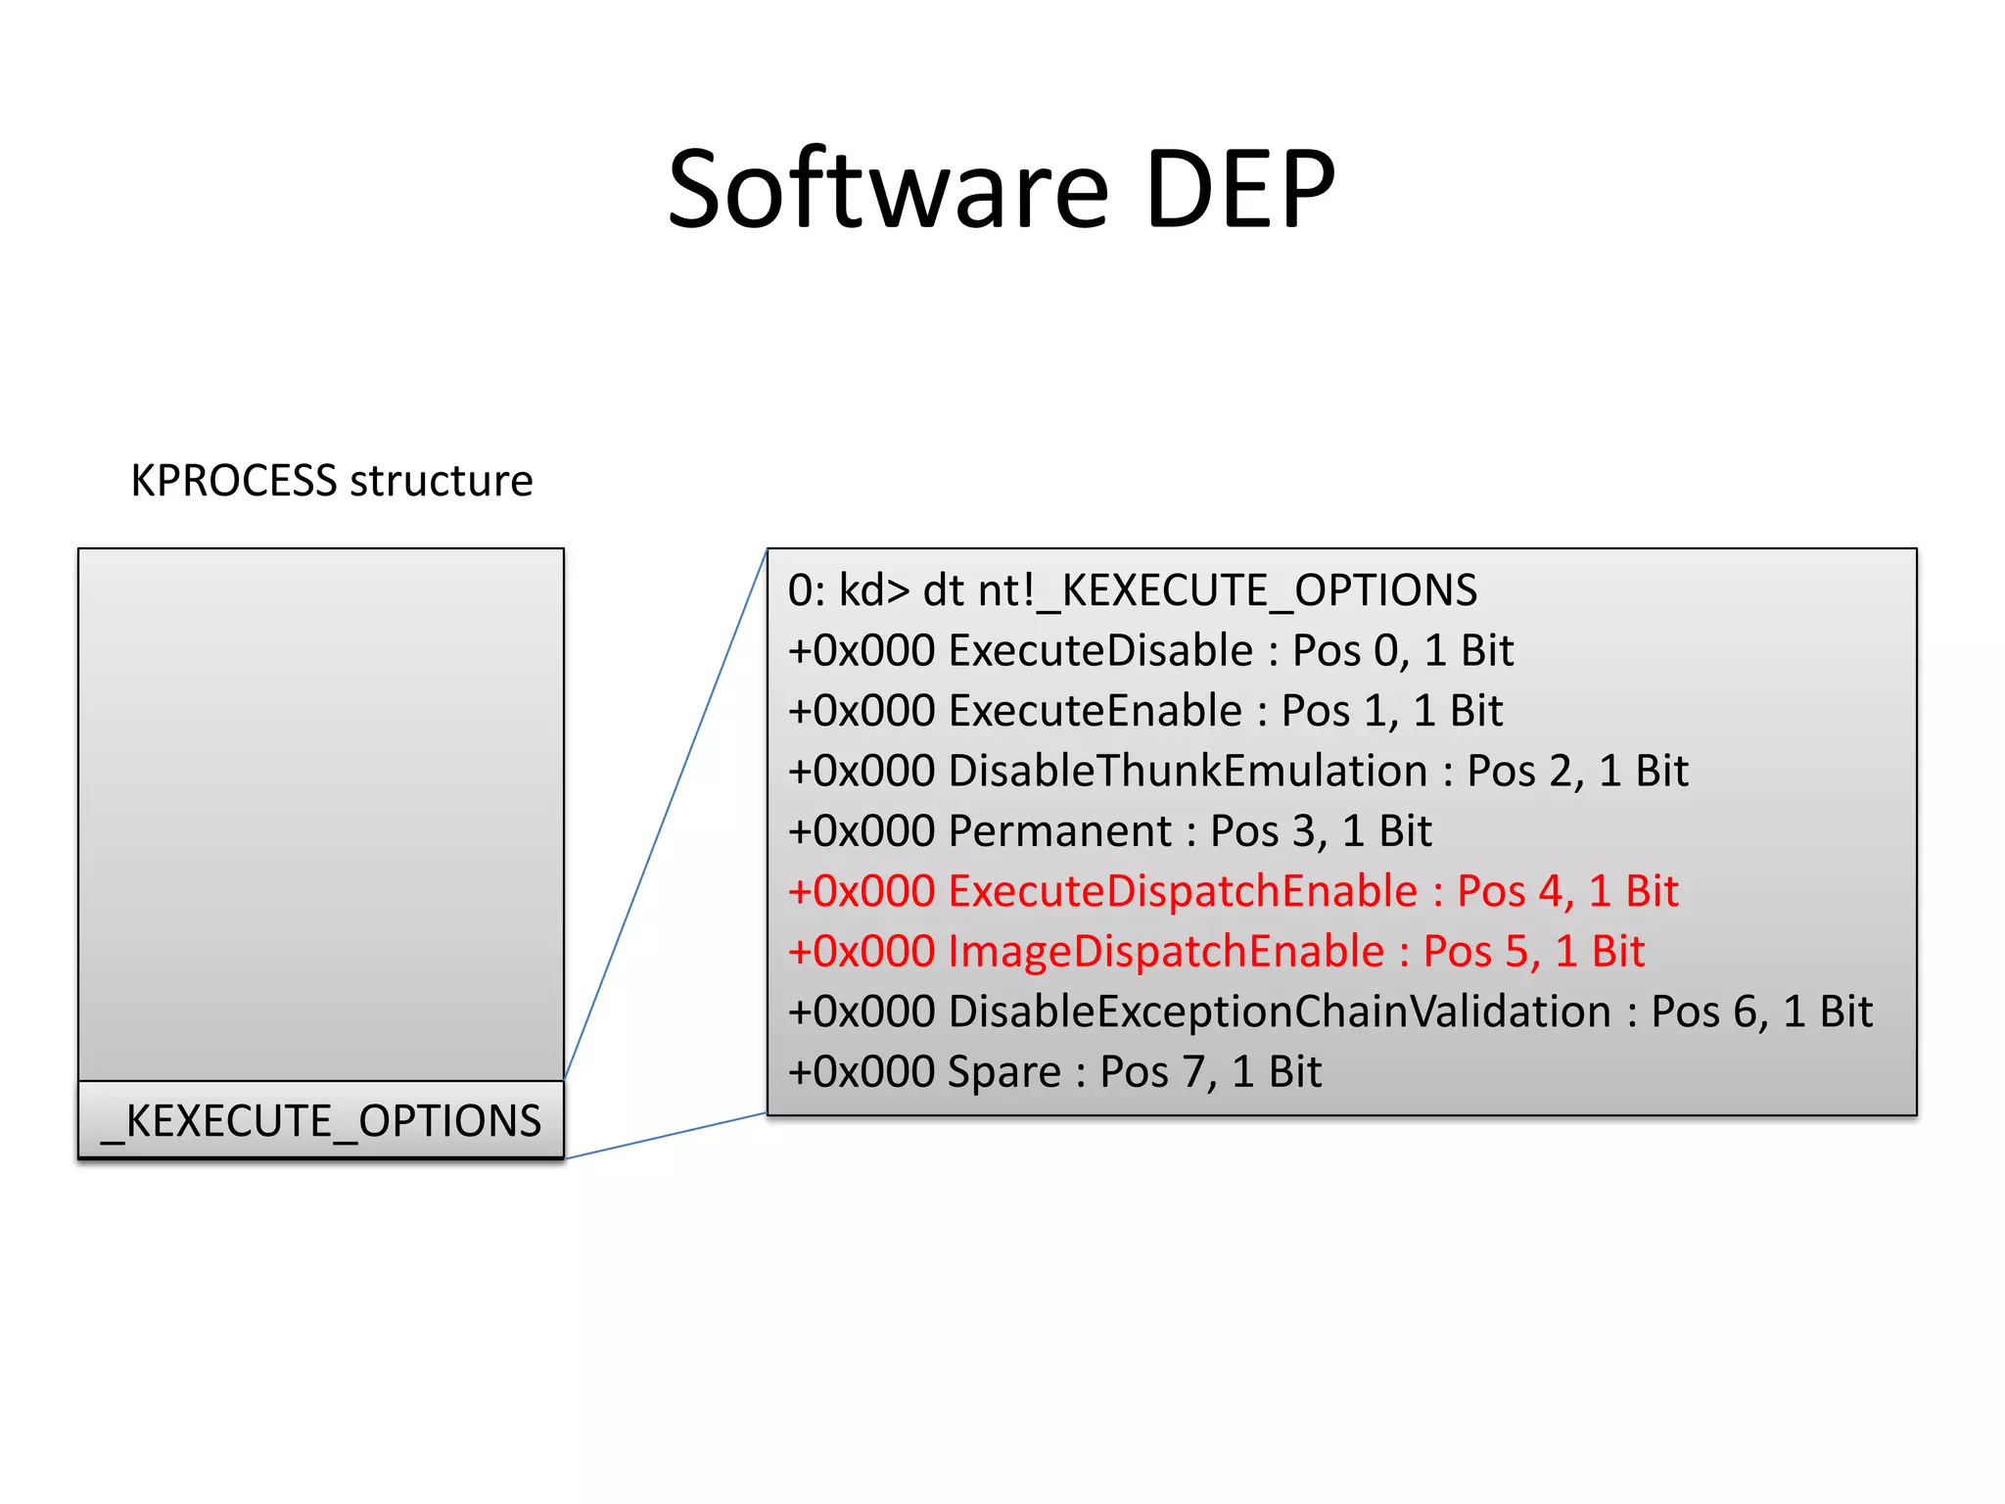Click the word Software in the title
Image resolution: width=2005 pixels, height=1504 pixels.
coord(888,189)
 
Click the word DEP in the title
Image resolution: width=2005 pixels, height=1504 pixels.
coord(1239,189)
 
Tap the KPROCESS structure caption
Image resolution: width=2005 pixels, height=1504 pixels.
coord(332,481)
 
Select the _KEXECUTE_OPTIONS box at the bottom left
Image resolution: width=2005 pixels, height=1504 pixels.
coord(321,1121)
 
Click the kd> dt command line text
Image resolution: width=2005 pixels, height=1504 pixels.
coord(1132,590)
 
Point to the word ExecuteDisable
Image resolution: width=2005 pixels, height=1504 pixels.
coord(1100,651)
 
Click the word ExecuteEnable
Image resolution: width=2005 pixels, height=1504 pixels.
coord(1095,711)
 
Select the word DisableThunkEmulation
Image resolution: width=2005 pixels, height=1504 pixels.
coord(1188,772)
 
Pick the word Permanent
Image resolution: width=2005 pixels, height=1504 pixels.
coord(1059,831)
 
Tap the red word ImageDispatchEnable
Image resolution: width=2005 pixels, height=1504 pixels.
coord(1166,952)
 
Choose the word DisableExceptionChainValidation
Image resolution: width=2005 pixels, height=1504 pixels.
coord(1280,1012)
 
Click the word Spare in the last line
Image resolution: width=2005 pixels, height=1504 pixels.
coord(1004,1072)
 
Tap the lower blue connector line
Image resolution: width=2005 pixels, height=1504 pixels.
coord(666,1136)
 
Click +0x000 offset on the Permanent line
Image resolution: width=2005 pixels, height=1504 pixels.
coord(862,831)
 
